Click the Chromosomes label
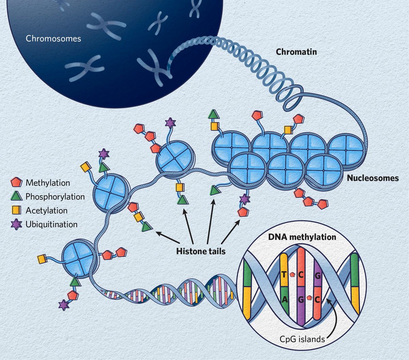[54, 38]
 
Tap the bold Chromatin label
[296, 52]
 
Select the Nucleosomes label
[373, 178]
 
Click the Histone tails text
[201, 251]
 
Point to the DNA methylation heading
[302, 237]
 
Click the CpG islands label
[302, 339]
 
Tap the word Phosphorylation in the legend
[55, 197]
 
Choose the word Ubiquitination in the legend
[51, 224]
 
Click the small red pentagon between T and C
[292, 274]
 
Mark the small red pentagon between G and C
[309, 298]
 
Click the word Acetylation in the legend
[46, 210]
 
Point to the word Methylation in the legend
[48, 183]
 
